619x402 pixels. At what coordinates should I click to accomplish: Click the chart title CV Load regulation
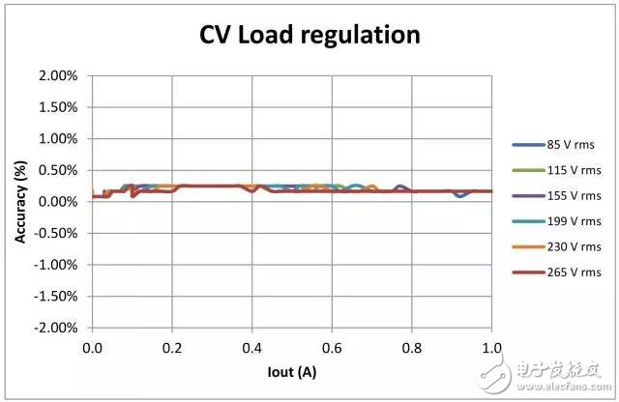coord(309,36)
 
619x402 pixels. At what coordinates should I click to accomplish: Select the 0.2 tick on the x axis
coord(172,345)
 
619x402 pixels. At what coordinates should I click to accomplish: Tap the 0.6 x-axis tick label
coord(332,345)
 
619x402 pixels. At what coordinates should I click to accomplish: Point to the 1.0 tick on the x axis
coord(491,345)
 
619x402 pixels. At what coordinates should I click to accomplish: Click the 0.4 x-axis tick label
coord(252,345)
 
